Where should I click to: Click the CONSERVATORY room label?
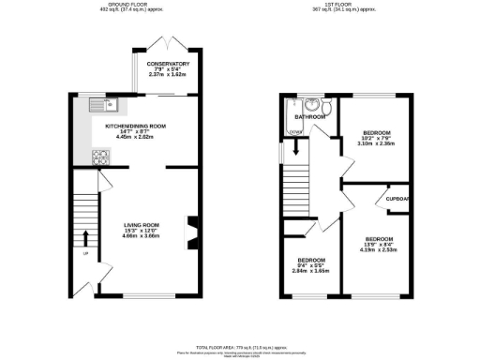point(168,64)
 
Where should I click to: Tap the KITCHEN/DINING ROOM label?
point(136,125)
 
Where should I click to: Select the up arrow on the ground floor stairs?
point(86,235)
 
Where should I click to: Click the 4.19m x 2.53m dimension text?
point(379,249)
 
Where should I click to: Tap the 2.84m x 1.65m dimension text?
point(312,269)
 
